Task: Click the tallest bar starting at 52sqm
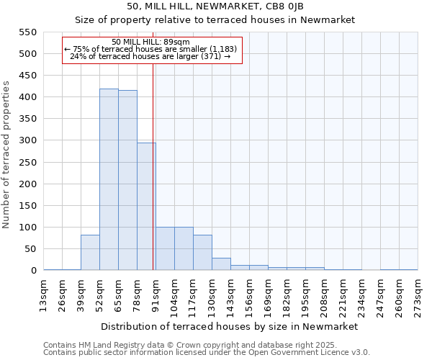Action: click(109, 180)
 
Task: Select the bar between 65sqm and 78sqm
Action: click(127, 181)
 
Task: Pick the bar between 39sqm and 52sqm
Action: click(90, 253)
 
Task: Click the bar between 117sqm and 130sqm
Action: click(202, 253)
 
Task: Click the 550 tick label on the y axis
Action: click(27, 32)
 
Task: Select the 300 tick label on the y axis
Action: click(27, 140)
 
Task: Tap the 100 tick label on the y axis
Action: click(27, 228)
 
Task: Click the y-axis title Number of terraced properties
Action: click(7, 155)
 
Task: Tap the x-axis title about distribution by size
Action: click(230, 326)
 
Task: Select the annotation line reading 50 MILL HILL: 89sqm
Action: click(151, 42)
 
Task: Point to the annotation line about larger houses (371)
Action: click(151, 56)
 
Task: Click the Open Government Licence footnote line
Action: click(207, 352)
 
